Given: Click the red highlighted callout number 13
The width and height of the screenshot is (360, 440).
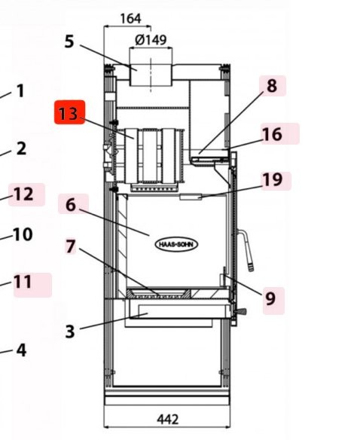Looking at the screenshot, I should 69,114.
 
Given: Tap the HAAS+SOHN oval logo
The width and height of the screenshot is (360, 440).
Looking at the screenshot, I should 177,244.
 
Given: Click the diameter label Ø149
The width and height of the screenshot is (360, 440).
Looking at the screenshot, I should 151,40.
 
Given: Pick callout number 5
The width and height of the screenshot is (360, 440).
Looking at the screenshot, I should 69,41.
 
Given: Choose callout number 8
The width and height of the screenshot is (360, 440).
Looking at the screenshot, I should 272,86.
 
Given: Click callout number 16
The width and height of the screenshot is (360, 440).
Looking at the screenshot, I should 272,134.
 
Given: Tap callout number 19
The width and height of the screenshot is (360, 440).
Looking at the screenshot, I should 272,179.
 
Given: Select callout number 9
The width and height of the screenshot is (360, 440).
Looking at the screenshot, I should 270,299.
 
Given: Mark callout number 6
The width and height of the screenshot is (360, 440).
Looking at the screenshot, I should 71,204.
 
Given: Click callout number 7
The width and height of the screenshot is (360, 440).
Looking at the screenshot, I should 71,246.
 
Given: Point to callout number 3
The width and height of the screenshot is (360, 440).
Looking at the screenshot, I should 69,331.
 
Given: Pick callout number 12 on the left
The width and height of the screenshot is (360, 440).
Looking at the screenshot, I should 23,194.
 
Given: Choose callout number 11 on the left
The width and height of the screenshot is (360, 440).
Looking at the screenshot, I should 23,282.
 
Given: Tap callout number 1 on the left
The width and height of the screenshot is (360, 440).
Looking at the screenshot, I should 20,91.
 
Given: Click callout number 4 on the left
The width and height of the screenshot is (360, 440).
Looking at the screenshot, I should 21,350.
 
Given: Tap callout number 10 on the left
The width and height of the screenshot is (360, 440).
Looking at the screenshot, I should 23,234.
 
